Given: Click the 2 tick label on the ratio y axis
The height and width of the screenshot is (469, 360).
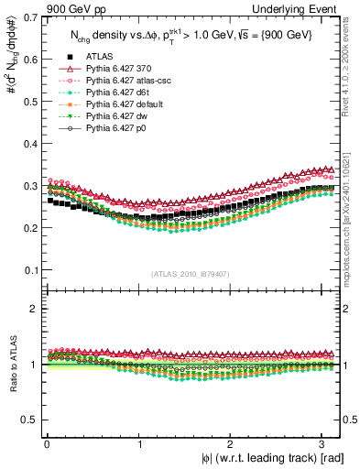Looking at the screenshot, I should [x=34, y=309].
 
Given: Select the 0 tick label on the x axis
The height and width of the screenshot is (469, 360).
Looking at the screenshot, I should [x=47, y=443].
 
